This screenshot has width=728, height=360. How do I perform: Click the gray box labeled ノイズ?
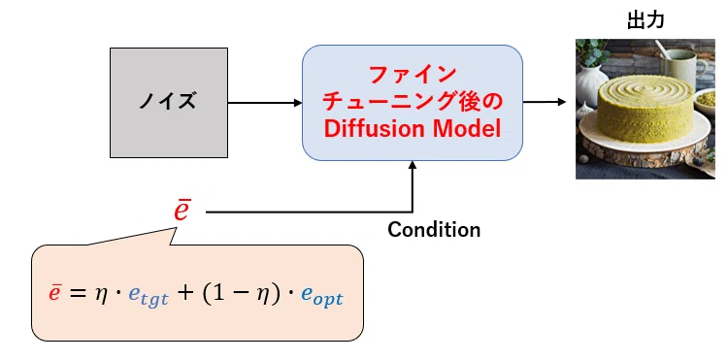coord(169,103)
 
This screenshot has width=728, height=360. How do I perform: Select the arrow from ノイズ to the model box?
coord(265,103)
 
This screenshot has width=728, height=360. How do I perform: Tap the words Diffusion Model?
coord(413,130)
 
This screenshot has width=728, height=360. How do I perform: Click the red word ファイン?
coord(413,75)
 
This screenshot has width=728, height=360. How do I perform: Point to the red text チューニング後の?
coord(413,102)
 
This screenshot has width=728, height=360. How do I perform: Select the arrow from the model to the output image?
coord(545,102)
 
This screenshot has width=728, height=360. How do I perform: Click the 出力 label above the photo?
coord(645,20)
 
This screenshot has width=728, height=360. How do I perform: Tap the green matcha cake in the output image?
coord(645,110)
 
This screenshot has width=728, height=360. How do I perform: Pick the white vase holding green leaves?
coord(591,83)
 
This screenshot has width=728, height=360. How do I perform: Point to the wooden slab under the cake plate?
coord(645,152)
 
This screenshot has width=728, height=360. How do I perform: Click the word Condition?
coord(434,230)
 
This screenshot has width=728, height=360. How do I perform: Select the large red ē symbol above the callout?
coord(182,211)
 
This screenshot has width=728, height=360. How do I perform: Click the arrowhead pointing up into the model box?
coord(413,165)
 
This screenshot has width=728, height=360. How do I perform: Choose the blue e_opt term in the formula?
coord(321,297)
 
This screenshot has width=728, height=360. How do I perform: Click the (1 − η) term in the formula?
coord(241,295)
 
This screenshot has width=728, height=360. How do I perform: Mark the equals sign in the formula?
coord(77,295)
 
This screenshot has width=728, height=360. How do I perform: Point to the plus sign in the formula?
coord(184,294)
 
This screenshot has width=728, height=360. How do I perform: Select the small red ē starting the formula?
coord(54,293)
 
